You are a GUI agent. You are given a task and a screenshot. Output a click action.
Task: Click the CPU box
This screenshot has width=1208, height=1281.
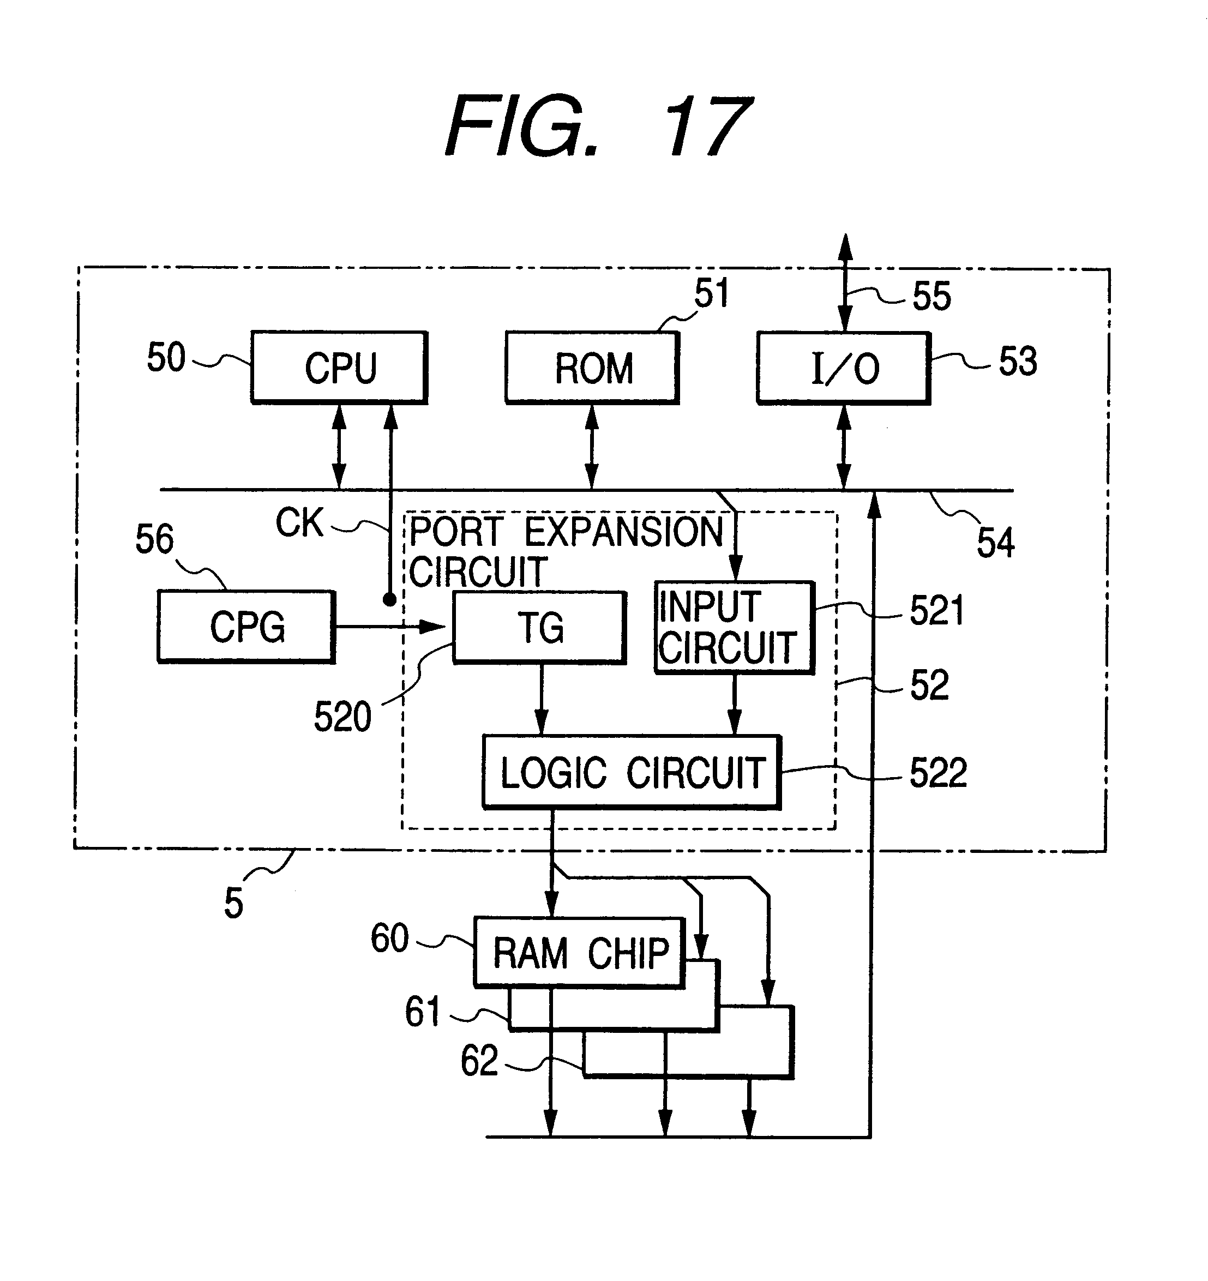pyautogui.click(x=340, y=368)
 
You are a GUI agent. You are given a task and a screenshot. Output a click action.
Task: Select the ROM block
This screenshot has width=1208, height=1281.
pyautogui.click(x=593, y=368)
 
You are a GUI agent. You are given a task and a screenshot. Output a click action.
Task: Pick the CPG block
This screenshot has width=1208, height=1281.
pyautogui.click(x=247, y=627)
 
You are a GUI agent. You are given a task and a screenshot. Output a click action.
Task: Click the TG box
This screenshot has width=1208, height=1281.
pyautogui.click(x=540, y=628)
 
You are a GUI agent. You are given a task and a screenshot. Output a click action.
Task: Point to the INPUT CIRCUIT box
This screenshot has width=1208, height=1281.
pyautogui.click(x=735, y=628)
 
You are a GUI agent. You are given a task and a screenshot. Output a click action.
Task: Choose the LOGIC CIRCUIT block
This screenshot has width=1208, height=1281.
pyautogui.click(x=632, y=772)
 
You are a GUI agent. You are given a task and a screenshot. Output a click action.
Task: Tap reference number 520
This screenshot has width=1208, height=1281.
pyautogui.click(x=342, y=717)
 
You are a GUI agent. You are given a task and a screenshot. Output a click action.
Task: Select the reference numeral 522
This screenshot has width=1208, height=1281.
pyautogui.click(x=938, y=773)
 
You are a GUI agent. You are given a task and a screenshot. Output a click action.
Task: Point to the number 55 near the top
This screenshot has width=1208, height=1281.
pyautogui.click(x=931, y=297)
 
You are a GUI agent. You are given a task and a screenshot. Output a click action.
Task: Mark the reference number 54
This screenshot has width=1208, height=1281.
pyautogui.click(x=995, y=542)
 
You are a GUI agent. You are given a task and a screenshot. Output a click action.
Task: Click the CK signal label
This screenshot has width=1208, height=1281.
pyautogui.click(x=299, y=522)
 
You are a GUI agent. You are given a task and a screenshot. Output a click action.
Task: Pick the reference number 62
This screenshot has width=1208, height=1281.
pyautogui.click(x=479, y=1061)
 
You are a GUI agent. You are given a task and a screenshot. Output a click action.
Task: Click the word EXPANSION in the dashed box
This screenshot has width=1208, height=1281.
pyautogui.click(x=624, y=532)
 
